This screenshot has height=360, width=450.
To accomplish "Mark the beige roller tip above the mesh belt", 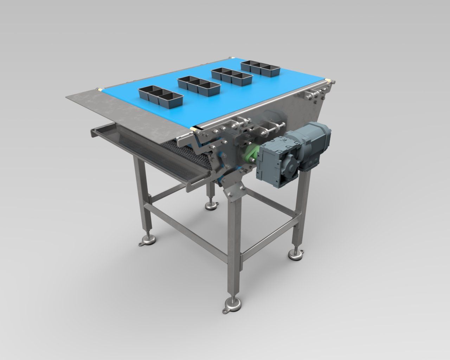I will (x=196, y=129).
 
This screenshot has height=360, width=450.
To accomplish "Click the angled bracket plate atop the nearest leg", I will (x=233, y=193).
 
